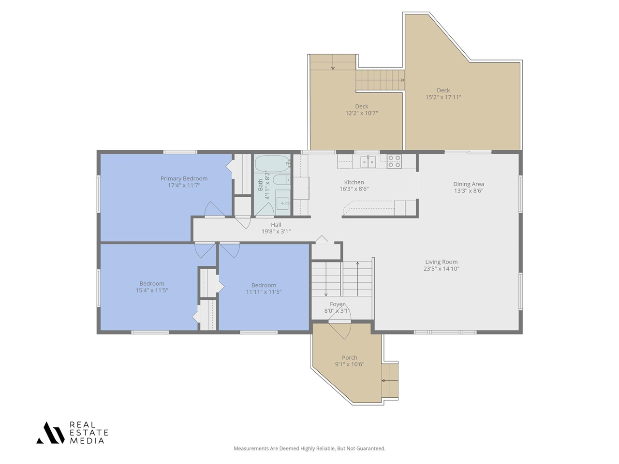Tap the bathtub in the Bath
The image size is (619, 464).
[272, 164]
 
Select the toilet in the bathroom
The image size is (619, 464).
[281, 180]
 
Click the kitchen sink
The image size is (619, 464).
[368, 161]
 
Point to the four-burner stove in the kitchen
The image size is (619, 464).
[394, 161]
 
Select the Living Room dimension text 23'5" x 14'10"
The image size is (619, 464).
[441, 269]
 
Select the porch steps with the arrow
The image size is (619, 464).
[390, 381]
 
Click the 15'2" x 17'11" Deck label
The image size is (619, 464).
[443, 94]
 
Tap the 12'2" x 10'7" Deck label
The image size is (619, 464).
[361, 110]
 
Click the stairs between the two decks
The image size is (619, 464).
[380, 80]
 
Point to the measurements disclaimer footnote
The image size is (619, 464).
[309, 449]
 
